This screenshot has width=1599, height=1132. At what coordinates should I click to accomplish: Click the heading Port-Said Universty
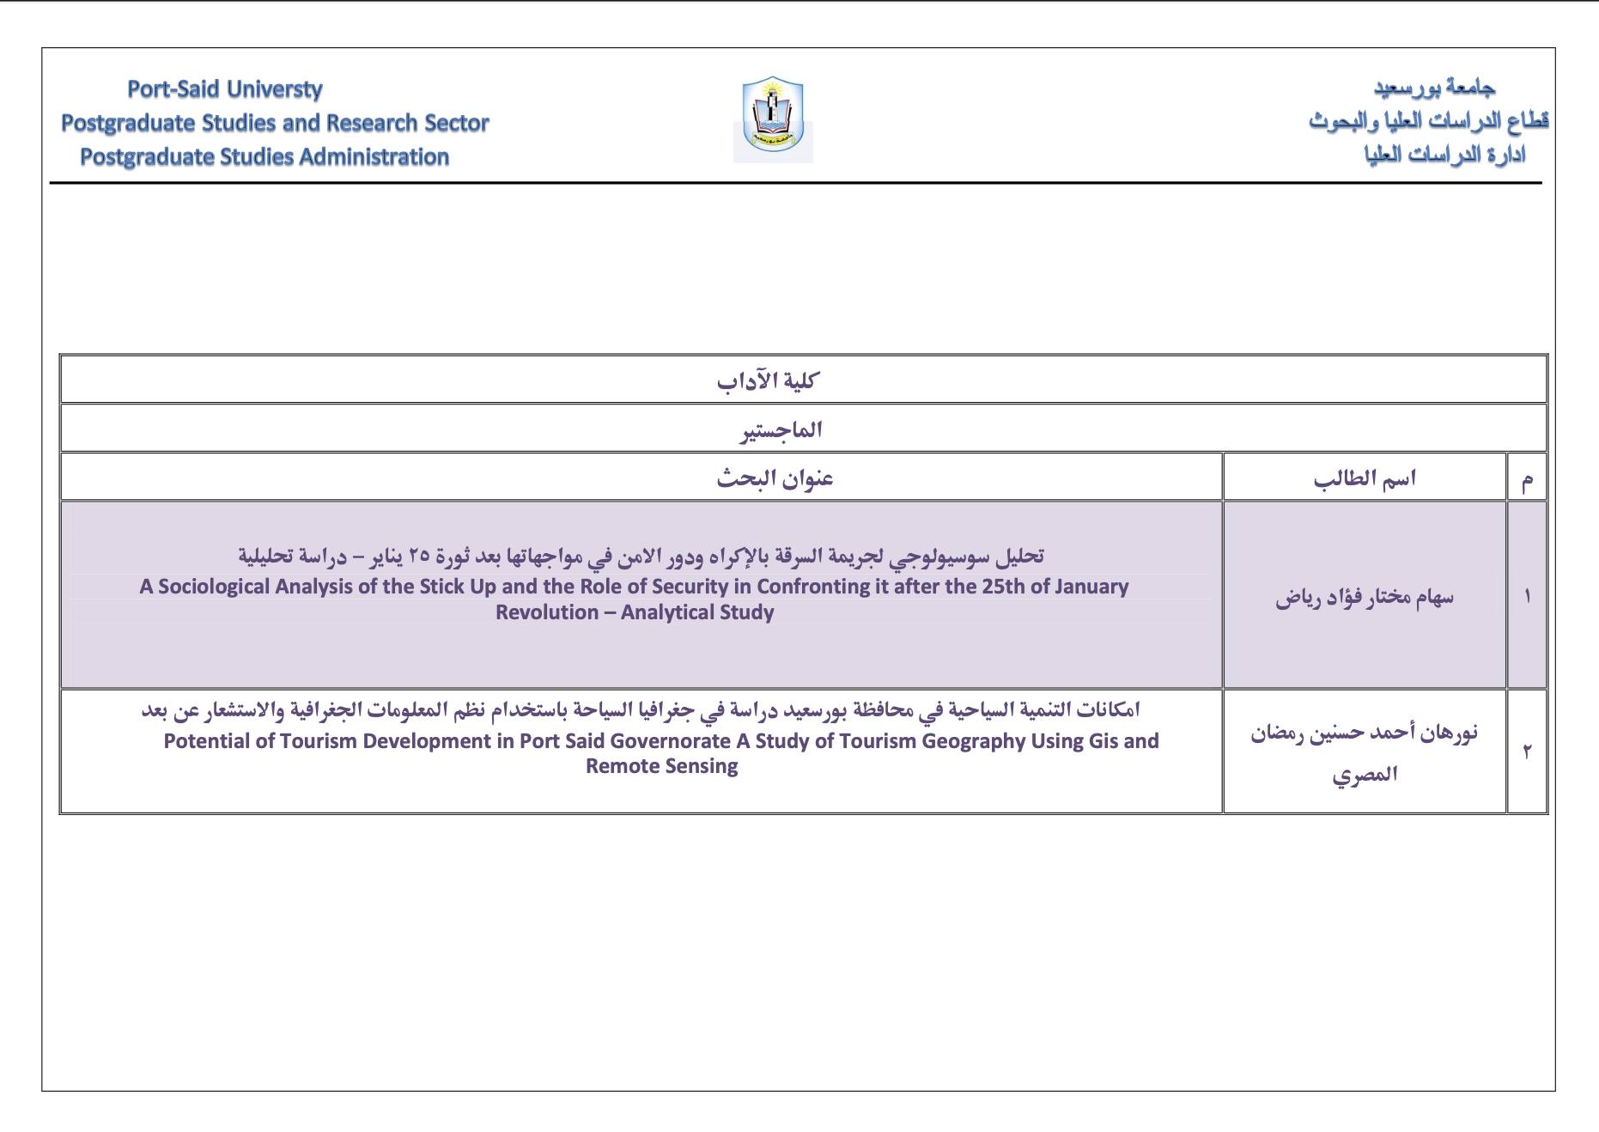coord(224,89)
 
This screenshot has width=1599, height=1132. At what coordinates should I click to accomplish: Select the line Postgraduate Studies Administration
coord(264,157)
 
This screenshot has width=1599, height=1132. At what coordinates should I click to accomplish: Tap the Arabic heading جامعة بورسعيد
coord(1434,88)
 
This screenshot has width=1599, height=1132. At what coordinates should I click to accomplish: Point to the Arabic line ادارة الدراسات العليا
coord(1444,155)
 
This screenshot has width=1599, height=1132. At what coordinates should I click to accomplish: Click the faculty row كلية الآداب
coord(769,380)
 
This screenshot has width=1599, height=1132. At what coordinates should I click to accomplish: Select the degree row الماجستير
coord(781,429)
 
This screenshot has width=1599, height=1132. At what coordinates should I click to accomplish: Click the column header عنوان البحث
coord(775,478)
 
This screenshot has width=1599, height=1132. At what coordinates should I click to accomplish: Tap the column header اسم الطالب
coord(1365,478)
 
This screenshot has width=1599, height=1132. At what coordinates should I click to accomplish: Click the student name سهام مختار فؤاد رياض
coord(1365,597)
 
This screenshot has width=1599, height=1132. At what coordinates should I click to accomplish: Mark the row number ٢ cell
coord(1527,752)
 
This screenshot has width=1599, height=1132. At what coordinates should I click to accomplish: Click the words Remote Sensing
coord(661,766)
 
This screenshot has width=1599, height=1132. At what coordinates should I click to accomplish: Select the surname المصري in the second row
coord(1365,775)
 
